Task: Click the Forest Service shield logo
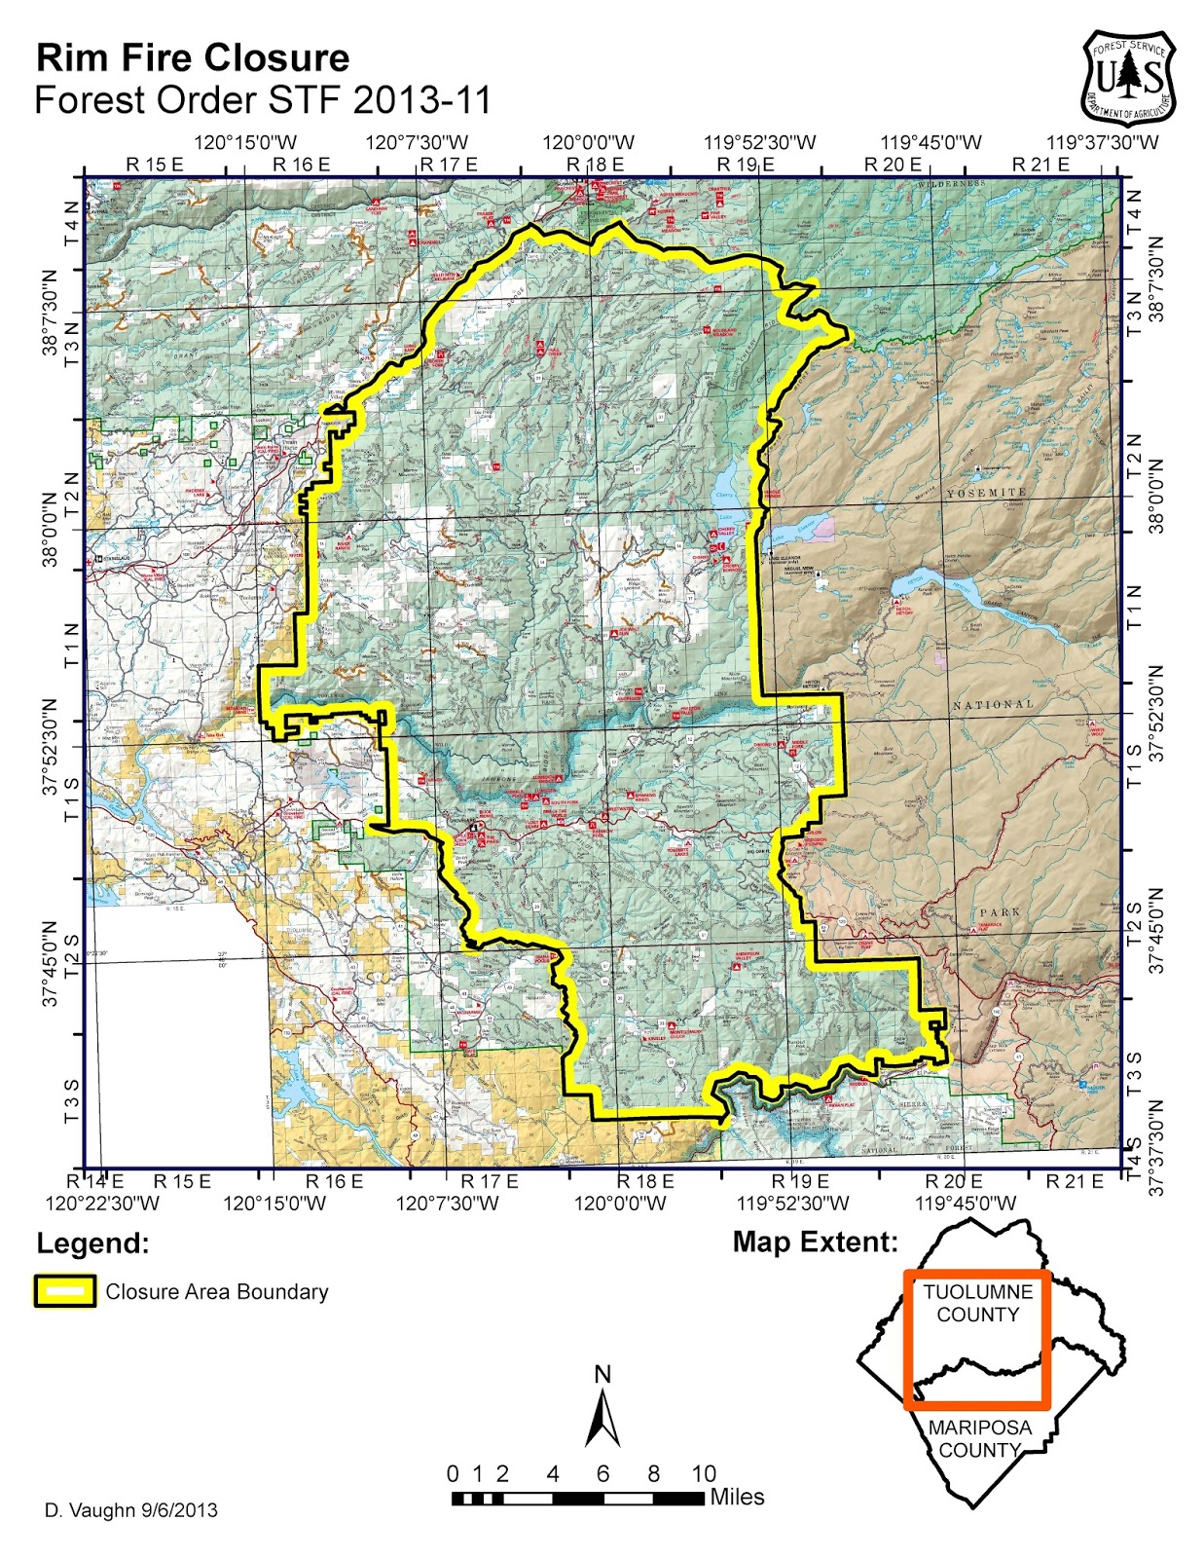coord(1129,77)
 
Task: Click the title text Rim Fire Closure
coord(193,58)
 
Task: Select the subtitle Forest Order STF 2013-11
coord(262,100)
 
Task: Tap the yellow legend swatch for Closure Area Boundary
coord(65,1291)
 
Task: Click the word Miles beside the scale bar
coord(737,1497)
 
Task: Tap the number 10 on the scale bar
coord(703,1473)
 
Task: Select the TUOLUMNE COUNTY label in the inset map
coord(977,1303)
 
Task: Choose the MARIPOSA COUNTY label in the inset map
coord(979,1438)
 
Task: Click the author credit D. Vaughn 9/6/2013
coord(131,1510)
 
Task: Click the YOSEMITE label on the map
coord(986,494)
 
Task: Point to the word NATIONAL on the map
coord(993,704)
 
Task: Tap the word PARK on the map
coord(1000,912)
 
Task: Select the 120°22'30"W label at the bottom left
coord(102,1203)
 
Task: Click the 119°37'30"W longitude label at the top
coord(1103,143)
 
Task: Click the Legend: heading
coord(93,1243)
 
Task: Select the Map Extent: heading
coord(815,1242)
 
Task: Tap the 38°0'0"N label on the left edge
coord(49,530)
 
